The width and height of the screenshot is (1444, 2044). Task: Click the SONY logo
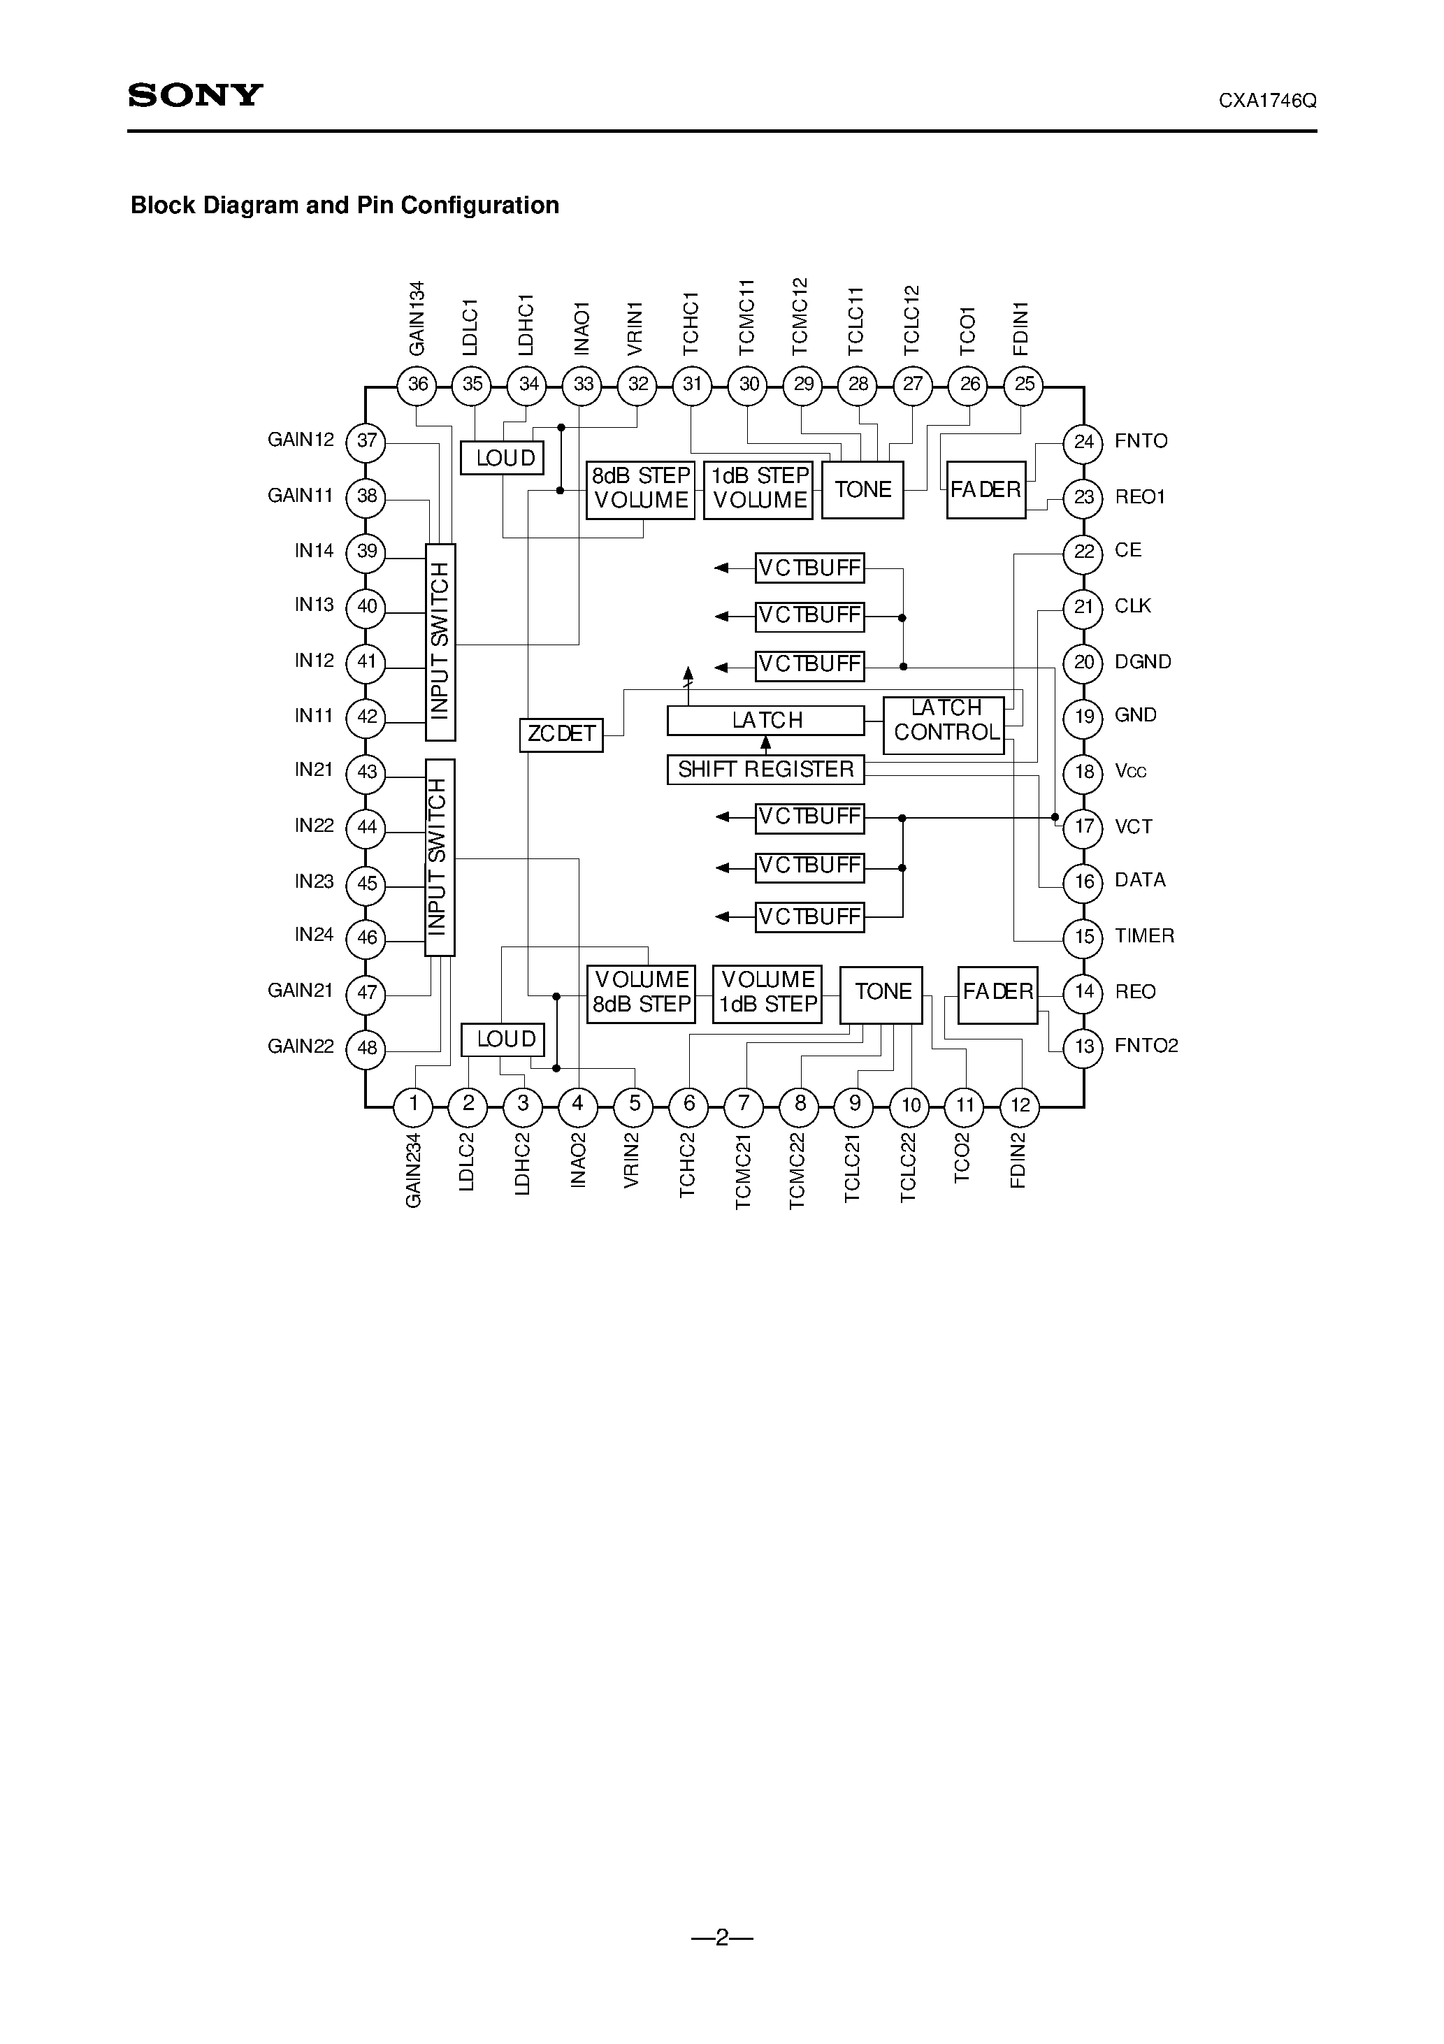coord(195,95)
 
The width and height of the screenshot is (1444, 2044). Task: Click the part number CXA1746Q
coord(1267,101)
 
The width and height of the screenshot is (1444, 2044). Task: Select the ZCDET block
coord(561,735)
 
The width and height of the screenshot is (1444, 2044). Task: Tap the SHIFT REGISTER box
coord(765,769)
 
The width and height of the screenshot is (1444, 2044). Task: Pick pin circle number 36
coord(417,385)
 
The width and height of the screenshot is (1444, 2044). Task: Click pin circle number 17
coord(1083,826)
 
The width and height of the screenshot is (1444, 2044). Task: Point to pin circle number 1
coord(413,1104)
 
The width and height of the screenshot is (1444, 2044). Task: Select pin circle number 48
coord(367,1047)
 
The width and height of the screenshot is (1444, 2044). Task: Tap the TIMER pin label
coord(1144,935)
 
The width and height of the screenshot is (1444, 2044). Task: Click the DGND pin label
coord(1142,661)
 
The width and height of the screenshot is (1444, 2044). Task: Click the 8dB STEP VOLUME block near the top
coord(640,489)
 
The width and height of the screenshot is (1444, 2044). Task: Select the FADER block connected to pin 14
coord(998,993)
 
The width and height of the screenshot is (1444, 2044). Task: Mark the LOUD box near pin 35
coord(502,458)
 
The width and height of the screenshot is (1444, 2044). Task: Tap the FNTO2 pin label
coord(1146,1046)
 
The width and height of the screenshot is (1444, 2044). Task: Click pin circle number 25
coord(1025,384)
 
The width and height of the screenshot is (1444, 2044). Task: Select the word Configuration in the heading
coord(480,206)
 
